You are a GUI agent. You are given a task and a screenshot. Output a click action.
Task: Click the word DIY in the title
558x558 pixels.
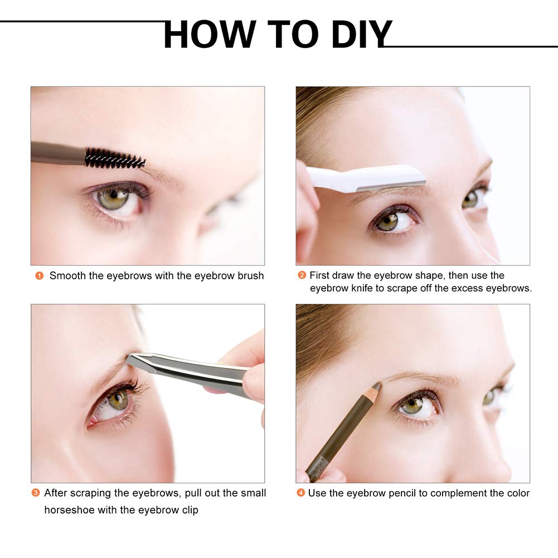(x=362, y=34)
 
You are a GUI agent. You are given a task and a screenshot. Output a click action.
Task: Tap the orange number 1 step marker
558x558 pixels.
(x=39, y=276)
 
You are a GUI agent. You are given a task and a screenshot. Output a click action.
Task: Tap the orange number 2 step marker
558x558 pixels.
(x=302, y=275)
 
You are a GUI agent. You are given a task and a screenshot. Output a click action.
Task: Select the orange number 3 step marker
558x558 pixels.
(x=35, y=493)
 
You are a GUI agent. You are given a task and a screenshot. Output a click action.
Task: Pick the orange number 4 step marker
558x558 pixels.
(x=300, y=493)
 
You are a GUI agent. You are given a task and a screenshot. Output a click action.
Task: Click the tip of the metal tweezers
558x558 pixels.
(x=127, y=359)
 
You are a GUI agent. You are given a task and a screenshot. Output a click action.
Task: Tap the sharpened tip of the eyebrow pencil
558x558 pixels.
(x=379, y=385)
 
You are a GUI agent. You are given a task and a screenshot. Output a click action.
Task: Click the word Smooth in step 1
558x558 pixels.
(x=67, y=276)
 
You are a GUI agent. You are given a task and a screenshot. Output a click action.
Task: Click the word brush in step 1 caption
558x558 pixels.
(x=250, y=276)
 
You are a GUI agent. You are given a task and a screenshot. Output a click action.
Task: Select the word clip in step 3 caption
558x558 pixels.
(x=190, y=510)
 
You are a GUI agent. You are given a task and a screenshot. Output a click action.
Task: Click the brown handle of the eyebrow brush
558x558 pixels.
(x=57, y=153)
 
